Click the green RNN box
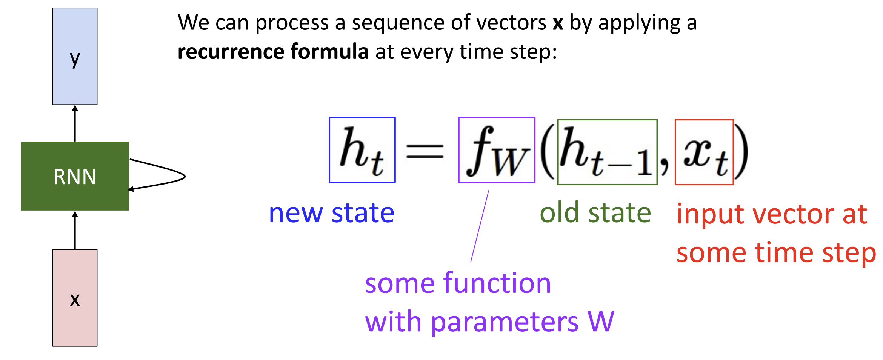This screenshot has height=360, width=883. point(75,176)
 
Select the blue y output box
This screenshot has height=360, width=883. point(75,56)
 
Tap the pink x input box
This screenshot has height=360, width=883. point(75,298)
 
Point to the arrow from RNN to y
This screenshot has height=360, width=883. point(75,123)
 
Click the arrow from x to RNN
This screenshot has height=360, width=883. point(75,230)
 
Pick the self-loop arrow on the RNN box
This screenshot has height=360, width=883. point(185,176)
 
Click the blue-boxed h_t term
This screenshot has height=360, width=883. point(362,150)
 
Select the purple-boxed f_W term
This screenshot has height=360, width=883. point(497,150)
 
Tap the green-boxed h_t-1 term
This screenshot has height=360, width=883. point(608,152)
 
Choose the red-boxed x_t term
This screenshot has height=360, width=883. point(704,152)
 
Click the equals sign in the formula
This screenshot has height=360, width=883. point(425,152)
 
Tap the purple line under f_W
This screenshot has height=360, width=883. point(480,226)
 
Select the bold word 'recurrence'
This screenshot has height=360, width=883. point(231,52)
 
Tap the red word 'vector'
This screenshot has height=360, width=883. point(794,214)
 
